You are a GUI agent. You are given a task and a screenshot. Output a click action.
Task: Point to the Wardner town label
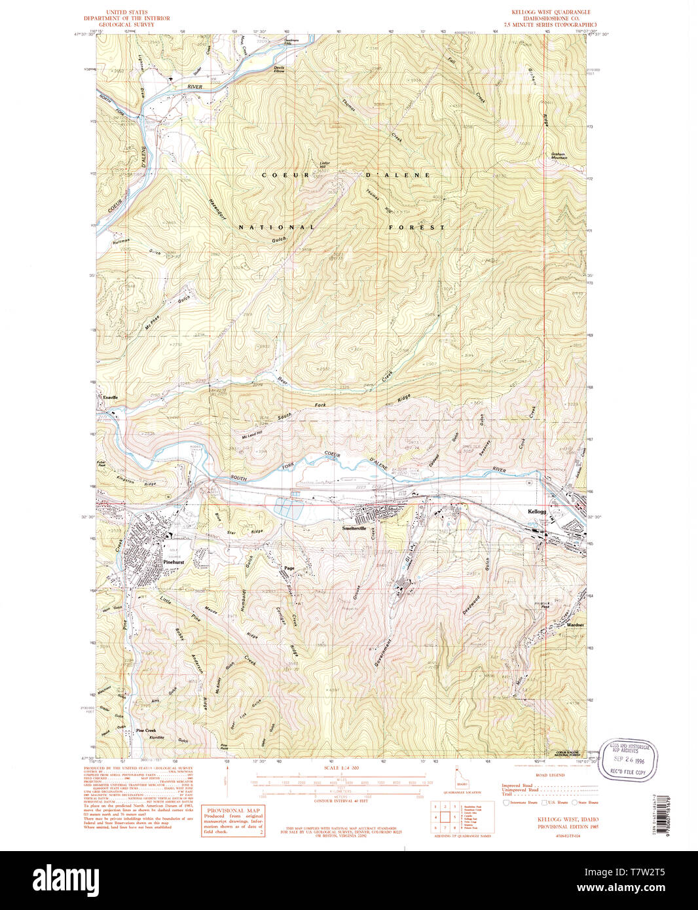click(575, 625)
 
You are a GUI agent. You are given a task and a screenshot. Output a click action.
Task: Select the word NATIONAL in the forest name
click(276, 227)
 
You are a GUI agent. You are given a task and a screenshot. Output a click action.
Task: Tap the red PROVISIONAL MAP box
click(233, 821)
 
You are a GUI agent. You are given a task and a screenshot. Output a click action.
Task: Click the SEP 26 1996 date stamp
click(627, 761)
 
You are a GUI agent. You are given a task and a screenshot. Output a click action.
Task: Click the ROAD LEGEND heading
click(550, 774)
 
